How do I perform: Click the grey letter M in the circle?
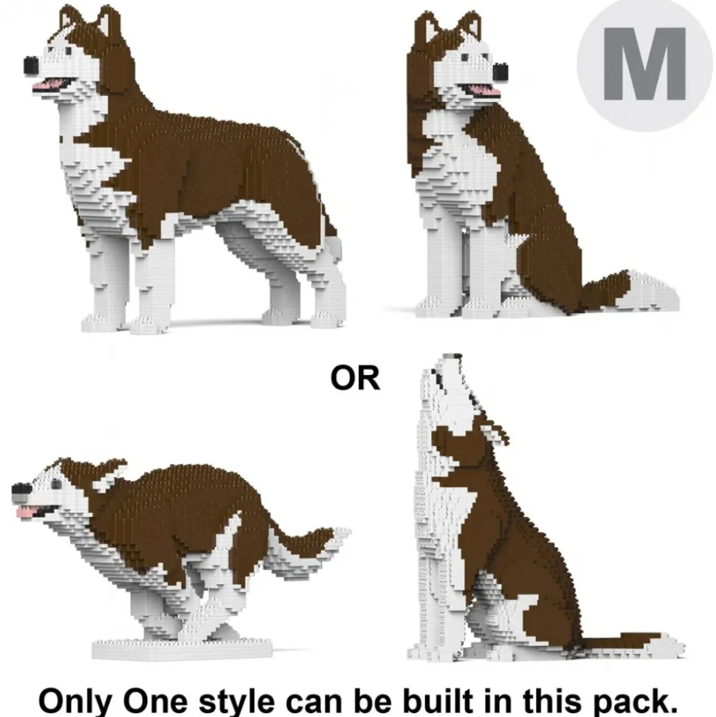[x=644, y=64]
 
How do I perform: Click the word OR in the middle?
[x=355, y=379]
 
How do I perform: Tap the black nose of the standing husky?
[x=31, y=65]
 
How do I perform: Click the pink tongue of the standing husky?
[x=49, y=84]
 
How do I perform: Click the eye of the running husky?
[x=56, y=484]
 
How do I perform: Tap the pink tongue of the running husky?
[x=28, y=510]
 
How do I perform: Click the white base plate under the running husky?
[x=182, y=649]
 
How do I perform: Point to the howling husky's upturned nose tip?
[x=452, y=357]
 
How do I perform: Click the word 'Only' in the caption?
[x=75, y=700]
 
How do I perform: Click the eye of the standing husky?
[x=69, y=51]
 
